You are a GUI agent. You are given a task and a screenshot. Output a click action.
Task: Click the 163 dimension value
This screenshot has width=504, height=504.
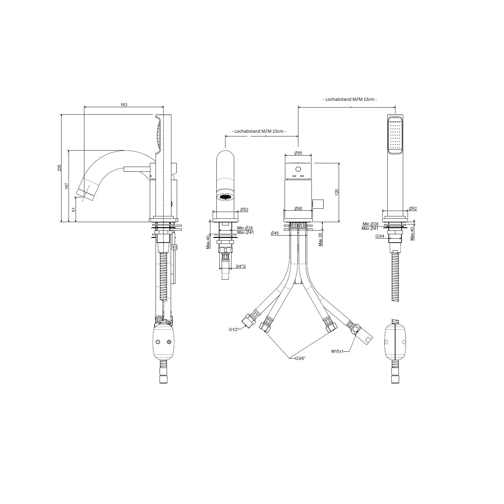point(124,104)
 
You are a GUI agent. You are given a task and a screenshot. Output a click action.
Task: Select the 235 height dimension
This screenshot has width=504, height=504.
point(59,168)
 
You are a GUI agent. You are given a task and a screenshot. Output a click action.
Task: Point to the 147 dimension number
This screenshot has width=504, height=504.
point(67,186)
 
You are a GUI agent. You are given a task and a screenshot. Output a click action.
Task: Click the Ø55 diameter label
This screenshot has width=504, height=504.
point(298,153)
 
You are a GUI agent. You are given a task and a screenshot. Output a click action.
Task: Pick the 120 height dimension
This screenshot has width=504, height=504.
point(337,192)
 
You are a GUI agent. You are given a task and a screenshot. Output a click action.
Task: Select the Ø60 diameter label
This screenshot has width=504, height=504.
point(298,208)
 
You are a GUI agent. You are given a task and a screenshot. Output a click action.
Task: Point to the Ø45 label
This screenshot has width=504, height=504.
point(275,233)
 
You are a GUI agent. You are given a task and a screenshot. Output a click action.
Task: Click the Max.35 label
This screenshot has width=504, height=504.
point(321,239)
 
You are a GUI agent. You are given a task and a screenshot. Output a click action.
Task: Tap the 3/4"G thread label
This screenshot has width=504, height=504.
point(241,266)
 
